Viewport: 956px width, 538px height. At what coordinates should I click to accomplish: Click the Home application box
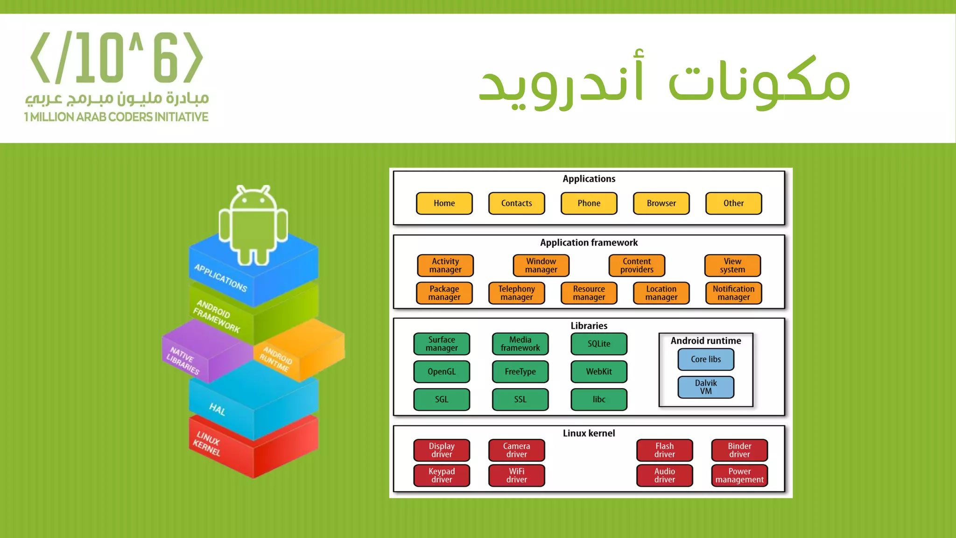(x=444, y=203)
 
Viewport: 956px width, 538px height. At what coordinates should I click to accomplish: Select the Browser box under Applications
(x=661, y=203)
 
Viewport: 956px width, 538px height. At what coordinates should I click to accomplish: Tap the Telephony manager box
(x=516, y=293)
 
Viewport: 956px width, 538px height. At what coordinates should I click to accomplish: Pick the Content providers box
(x=637, y=265)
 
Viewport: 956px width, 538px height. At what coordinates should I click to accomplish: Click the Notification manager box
(x=733, y=293)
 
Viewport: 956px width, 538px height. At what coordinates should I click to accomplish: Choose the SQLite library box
(x=598, y=344)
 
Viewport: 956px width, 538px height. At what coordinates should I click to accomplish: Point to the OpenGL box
(x=441, y=372)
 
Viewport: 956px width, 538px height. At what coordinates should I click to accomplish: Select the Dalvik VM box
(x=705, y=387)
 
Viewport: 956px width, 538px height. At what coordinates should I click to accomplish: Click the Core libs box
(x=705, y=359)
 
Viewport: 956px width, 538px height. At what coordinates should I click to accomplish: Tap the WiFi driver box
(x=516, y=475)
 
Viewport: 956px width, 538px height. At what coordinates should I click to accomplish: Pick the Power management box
(x=739, y=475)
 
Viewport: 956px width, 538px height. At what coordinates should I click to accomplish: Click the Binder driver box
(x=739, y=450)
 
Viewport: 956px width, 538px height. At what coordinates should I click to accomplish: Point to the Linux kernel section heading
(x=589, y=433)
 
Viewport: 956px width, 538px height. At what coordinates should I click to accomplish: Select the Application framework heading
(x=589, y=243)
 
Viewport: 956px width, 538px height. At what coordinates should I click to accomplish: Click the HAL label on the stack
(x=217, y=410)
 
